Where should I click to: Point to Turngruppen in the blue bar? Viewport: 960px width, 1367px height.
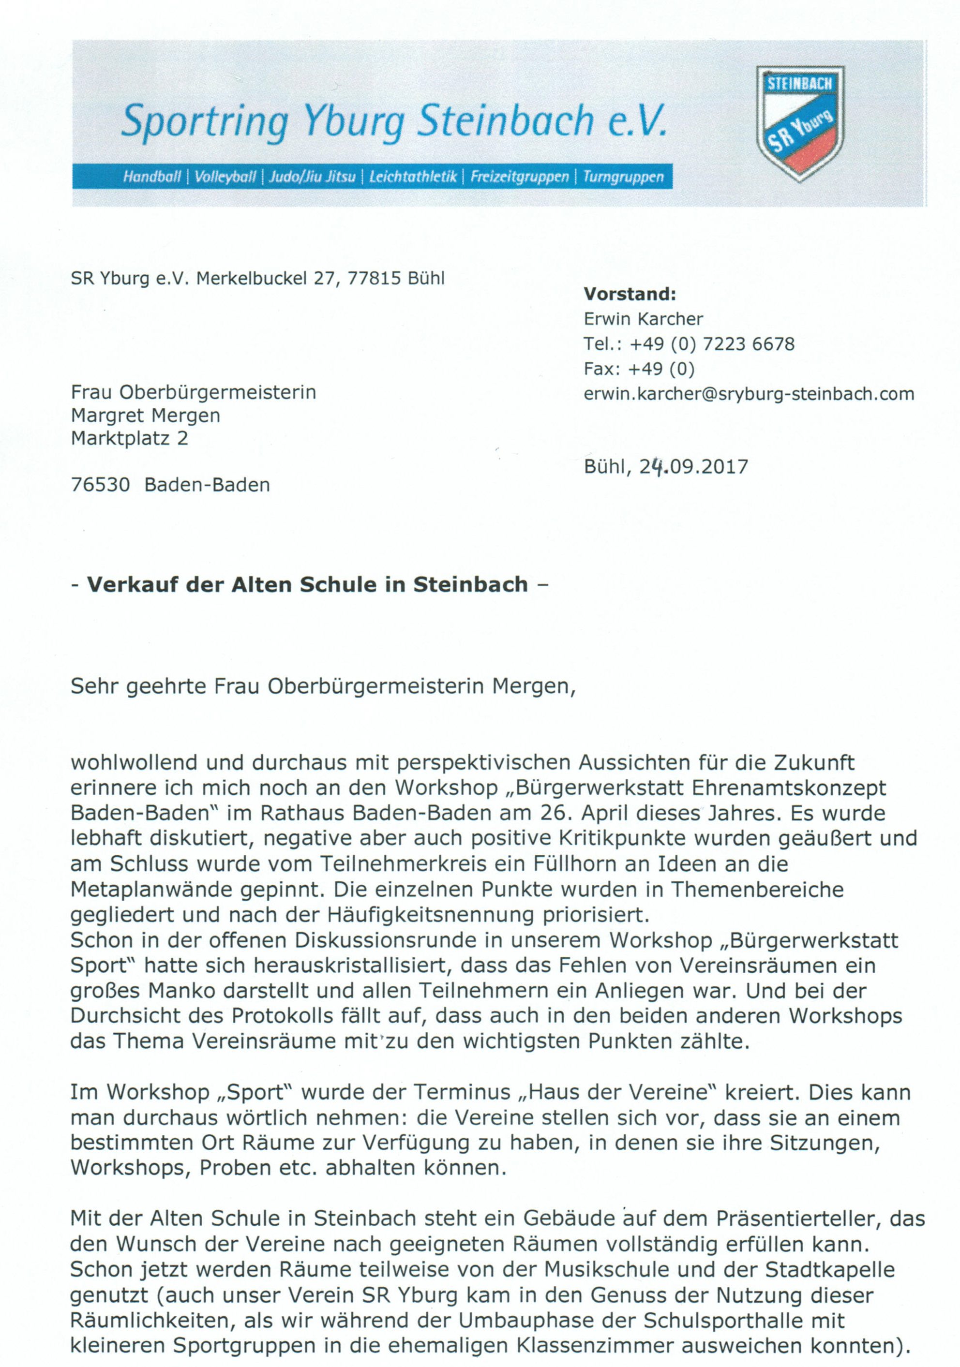(x=623, y=177)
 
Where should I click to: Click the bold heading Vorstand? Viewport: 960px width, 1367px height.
(x=630, y=294)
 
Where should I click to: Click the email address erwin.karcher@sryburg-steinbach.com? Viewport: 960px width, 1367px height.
(x=749, y=394)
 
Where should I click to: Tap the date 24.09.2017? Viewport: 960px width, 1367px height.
(x=694, y=467)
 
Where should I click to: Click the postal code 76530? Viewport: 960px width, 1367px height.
(x=100, y=485)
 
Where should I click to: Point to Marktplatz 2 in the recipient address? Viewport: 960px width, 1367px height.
(x=129, y=439)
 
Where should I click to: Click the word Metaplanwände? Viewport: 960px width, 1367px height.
(x=150, y=890)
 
